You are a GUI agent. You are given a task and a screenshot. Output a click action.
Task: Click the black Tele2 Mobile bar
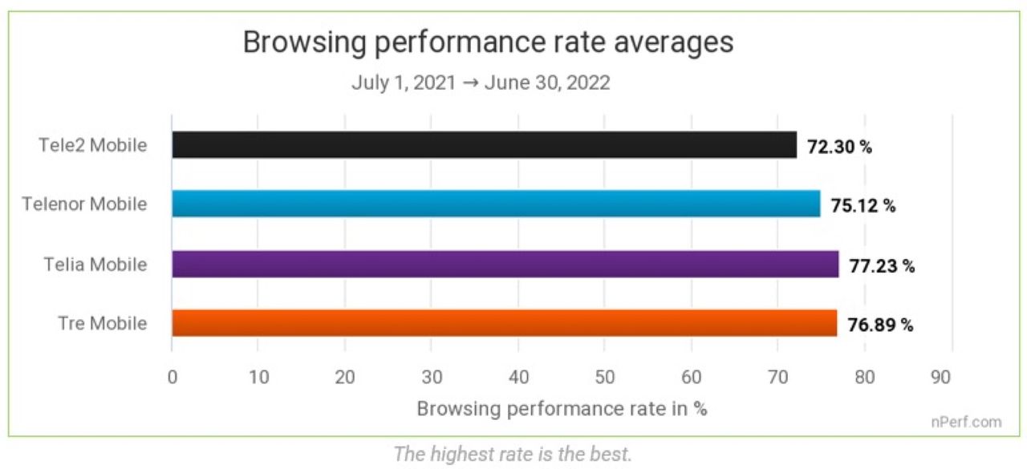484,145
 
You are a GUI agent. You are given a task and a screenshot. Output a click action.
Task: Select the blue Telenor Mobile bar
496,204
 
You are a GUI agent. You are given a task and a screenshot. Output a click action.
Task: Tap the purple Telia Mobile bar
505,264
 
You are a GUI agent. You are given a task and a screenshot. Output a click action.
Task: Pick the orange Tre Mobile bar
504,323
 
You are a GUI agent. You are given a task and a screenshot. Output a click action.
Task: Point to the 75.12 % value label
863,205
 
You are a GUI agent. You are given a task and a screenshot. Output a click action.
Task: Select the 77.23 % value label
882,265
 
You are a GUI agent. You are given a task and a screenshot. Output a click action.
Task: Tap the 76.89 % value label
880,325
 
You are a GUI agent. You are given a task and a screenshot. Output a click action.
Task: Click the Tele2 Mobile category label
93,145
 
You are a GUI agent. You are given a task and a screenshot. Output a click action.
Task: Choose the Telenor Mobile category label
85,204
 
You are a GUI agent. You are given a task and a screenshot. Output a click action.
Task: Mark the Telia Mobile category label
94,264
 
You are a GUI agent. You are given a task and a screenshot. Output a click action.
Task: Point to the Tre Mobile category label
103,323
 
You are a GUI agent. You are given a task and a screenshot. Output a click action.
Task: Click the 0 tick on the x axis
172,376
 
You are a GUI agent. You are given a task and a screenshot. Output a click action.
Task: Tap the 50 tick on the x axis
605,376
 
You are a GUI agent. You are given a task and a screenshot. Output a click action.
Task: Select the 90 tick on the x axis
952,376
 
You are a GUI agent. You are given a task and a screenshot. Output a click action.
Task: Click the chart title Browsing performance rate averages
488,42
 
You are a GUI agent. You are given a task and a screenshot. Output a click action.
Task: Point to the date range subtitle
481,83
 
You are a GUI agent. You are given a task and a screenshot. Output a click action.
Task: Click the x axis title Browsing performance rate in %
562,408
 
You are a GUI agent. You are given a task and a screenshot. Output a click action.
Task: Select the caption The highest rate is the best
513,454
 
